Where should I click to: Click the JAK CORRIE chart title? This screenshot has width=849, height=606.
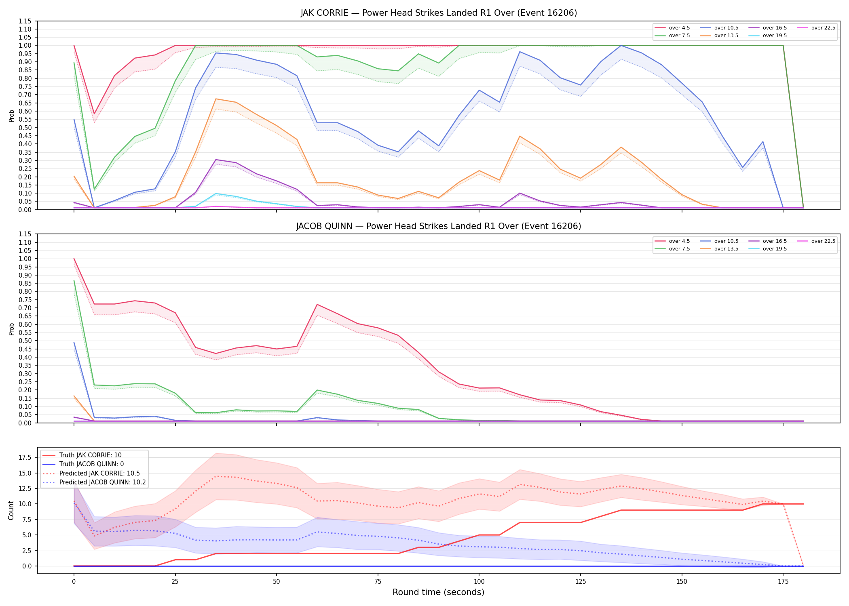click(439, 13)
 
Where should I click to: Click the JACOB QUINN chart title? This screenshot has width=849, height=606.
click(439, 226)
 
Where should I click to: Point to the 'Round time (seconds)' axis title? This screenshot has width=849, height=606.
click(438, 592)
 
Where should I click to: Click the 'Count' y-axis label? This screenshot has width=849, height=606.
click(11, 510)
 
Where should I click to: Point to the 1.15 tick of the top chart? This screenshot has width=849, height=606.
click(25, 21)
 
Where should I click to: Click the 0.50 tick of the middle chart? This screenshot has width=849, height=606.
click(25, 341)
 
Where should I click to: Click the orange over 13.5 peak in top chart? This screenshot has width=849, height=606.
click(216, 99)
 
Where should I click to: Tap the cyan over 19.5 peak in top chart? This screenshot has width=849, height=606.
click(216, 194)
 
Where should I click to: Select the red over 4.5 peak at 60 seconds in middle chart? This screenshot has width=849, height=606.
click(317, 304)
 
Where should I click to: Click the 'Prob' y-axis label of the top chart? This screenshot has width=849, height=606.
click(11, 116)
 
